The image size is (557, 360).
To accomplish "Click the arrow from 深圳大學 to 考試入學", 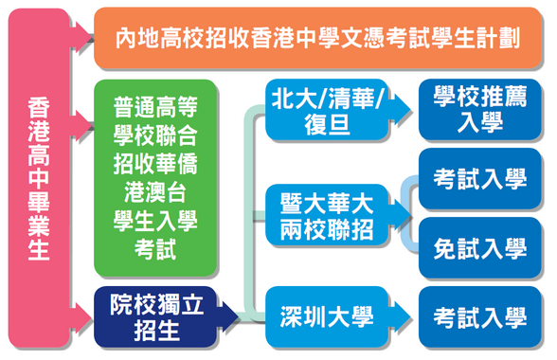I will [402, 315].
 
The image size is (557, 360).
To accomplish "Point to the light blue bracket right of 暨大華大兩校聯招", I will [408, 214].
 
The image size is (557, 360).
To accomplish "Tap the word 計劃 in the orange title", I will [503, 38].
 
